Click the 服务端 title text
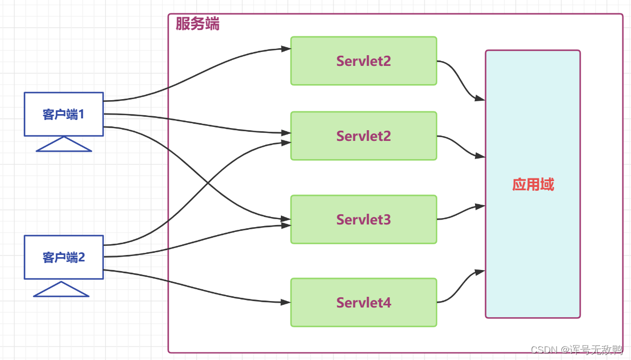pos(198,24)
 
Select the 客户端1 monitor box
pos(64,114)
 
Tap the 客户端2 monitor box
pos(64,257)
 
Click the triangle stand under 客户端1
pos(64,144)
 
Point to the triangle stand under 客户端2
pos(61,289)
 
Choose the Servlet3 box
pos(364,219)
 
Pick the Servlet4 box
pos(364,303)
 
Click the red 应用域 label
pos(533,185)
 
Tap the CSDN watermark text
pos(577,349)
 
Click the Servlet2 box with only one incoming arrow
pos(364,61)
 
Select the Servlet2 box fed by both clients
pos(364,136)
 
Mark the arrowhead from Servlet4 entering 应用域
pos(480,272)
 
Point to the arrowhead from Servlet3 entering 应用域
pos(480,206)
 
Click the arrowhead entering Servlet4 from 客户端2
pos(286,302)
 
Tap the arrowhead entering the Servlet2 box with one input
pos(286,49)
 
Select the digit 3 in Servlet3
pos(387,220)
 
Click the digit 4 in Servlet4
pos(387,303)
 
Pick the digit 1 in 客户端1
pos(81,115)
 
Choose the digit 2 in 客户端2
pos(81,258)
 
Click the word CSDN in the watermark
pos(544,349)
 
